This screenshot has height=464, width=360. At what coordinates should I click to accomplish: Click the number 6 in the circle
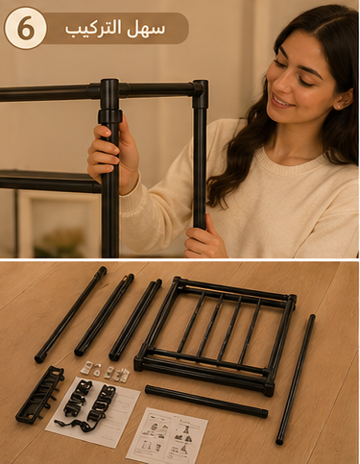click(26, 28)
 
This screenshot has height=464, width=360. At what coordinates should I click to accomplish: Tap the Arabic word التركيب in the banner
click(93, 28)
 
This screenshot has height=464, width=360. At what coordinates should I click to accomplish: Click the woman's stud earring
click(337, 106)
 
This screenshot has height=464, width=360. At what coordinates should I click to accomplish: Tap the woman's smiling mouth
click(281, 102)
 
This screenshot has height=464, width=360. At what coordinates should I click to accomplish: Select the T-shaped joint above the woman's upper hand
click(109, 89)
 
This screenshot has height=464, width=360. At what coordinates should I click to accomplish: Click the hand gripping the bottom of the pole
click(204, 241)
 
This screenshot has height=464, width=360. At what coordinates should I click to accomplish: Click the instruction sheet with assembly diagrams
click(167, 435)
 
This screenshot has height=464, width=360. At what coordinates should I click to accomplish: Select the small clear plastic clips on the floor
click(105, 372)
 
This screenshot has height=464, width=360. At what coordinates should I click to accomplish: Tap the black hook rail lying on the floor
click(39, 395)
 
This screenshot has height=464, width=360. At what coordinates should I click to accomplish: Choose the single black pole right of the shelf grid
click(295, 379)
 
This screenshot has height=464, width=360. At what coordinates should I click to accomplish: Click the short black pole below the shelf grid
click(206, 401)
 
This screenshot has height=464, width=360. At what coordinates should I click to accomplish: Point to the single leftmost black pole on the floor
click(70, 314)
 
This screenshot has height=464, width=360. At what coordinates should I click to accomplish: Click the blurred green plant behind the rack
click(60, 243)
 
